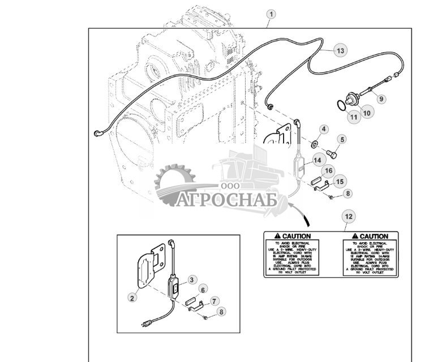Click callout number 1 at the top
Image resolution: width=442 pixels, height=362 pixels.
tap(272, 14)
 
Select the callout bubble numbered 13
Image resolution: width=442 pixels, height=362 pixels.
tap(340, 51)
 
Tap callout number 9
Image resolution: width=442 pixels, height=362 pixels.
tap(381, 98)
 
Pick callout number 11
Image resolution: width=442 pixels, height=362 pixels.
tap(353, 117)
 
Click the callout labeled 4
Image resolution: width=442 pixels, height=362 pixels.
tap(324, 129)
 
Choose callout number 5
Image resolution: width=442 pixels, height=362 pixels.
tap(342, 139)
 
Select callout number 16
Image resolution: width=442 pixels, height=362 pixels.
tap(329, 171)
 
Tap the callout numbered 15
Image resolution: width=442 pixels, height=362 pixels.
tap(340, 181)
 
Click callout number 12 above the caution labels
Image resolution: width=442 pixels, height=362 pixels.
tap(349, 216)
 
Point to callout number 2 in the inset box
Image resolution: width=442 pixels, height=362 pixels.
tap(132, 298)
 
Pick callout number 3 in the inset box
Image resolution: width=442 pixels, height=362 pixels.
tap(192, 280)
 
